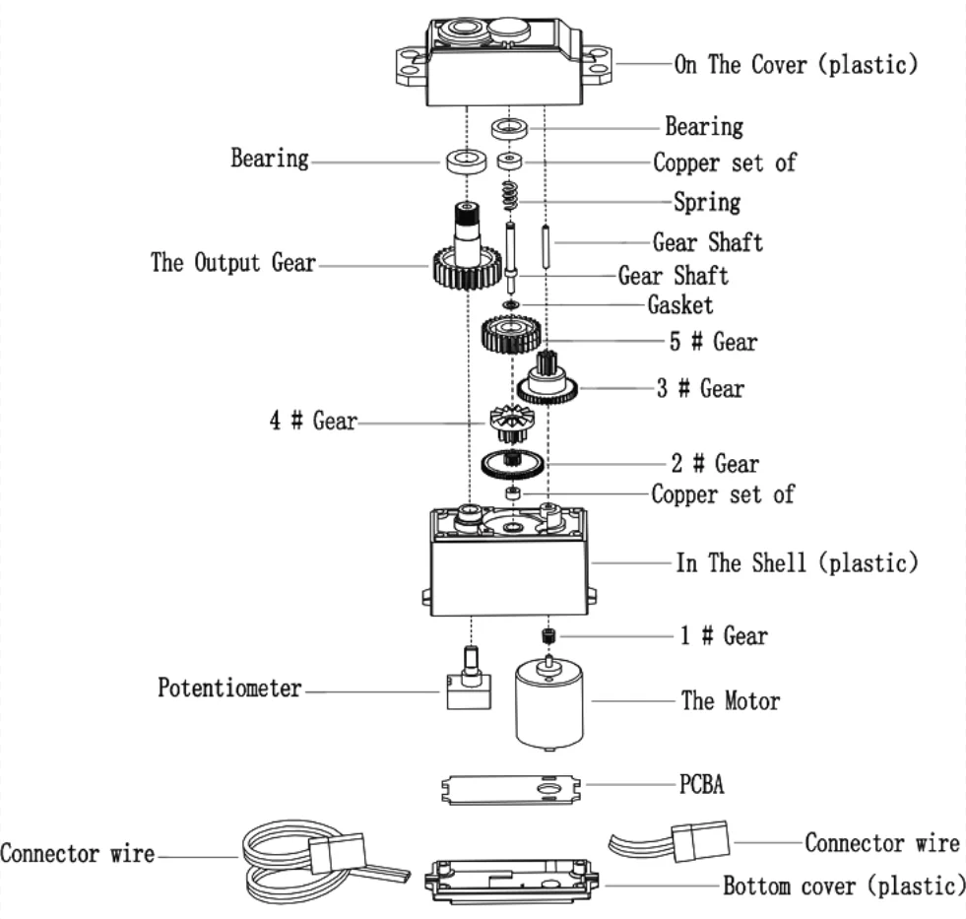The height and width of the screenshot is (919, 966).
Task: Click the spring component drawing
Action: click(x=510, y=197)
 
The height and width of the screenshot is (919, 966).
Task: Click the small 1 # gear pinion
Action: click(x=548, y=635)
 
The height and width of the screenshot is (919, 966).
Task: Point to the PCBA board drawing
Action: click(x=511, y=790)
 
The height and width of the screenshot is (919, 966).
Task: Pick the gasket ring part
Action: click(x=510, y=304)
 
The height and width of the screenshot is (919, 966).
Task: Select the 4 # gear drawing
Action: click(x=511, y=425)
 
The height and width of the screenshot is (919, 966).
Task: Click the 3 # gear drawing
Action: click(x=547, y=378)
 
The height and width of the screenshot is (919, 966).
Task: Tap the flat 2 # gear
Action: click(x=512, y=464)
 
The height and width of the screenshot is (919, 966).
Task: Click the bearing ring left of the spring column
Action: click(x=467, y=161)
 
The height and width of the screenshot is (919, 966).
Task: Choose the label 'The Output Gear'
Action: click(x=233, y=263)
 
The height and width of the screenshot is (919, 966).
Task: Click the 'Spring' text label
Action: click(x=707, y=202)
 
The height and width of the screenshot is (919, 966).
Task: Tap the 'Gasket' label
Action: click(x=680, y=305)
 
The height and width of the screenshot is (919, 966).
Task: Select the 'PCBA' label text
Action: click(x=702, y=785)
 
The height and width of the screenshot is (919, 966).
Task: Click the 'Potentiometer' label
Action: click(x=229, y=688)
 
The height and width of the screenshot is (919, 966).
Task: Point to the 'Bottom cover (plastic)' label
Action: click(x=844, y=886)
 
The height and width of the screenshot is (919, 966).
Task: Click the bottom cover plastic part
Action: click(x=511, y=882)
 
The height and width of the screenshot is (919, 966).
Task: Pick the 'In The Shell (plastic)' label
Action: click(x=798, y=562)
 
